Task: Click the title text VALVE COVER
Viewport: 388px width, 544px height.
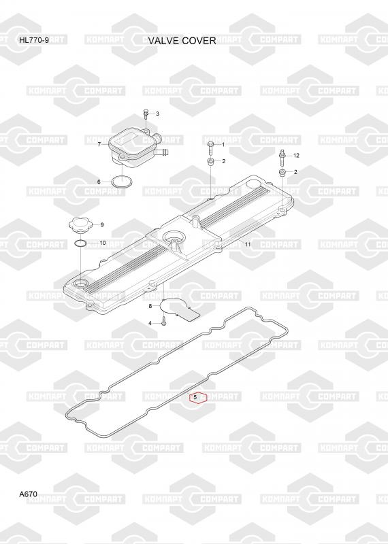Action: [x=182, y=41]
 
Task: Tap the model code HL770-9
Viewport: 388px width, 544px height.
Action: [x=34, y=40]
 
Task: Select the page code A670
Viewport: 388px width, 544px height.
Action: [x=28, y=494]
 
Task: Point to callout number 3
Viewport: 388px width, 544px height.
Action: [x=157, y=114]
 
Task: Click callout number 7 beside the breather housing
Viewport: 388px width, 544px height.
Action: [x=99, y=144]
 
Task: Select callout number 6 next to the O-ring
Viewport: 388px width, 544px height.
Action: [x=99, y=182]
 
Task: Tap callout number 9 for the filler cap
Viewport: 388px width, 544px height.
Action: [x=102, y=225]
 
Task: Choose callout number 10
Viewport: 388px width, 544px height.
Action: [x=103, y=243]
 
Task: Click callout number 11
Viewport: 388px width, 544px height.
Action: [x=248, y=244]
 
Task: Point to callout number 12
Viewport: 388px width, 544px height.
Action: [x=296, y=156]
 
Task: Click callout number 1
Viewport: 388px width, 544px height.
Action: [x=223, y=144]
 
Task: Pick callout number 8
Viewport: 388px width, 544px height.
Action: [x=150, y=306]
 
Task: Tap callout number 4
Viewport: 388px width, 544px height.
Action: [x=150, y=324]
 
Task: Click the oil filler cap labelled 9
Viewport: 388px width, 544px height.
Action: [x=81, y=226]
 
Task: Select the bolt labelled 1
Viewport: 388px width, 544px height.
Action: [x=211, y=147]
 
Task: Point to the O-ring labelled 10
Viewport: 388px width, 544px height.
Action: [x=80, y=243]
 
